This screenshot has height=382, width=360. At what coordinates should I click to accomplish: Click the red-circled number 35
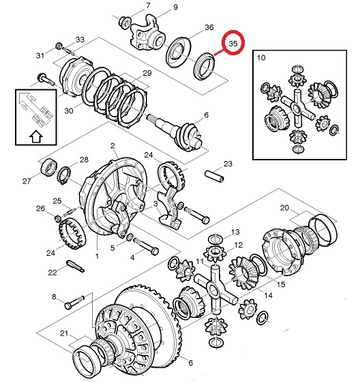click(x=233, y=44)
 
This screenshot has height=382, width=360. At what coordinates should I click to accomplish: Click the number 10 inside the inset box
click(x=261, y=58)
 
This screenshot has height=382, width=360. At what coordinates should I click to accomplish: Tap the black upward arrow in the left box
click(x=36, y=136)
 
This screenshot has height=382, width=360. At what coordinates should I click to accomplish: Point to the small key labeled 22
click(x=75, y=266)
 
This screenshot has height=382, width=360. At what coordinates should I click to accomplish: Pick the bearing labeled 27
click(x=49, y=166)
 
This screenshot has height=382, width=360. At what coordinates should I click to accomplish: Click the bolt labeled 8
click(x=75, y=302)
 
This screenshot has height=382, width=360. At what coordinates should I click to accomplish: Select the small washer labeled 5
click(x=130, y=236)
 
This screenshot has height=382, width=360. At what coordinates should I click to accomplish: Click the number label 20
click(x=284, y=208)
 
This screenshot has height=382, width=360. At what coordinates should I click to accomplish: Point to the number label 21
click(x=64, y=334)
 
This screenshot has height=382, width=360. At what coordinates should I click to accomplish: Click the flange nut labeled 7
click(x=125, y=21)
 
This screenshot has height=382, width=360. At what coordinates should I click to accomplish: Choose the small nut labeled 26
click(x=57, y=218)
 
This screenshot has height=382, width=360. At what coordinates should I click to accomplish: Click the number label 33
click(x=80, y=40)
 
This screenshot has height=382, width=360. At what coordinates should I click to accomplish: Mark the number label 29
click(x=147, y=73)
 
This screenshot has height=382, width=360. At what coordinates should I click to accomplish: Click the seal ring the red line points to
click(x=204, y=65)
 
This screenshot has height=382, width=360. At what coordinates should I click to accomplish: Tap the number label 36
click(x=209, y=27)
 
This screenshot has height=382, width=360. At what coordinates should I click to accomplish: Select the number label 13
click(x=235, y=232)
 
